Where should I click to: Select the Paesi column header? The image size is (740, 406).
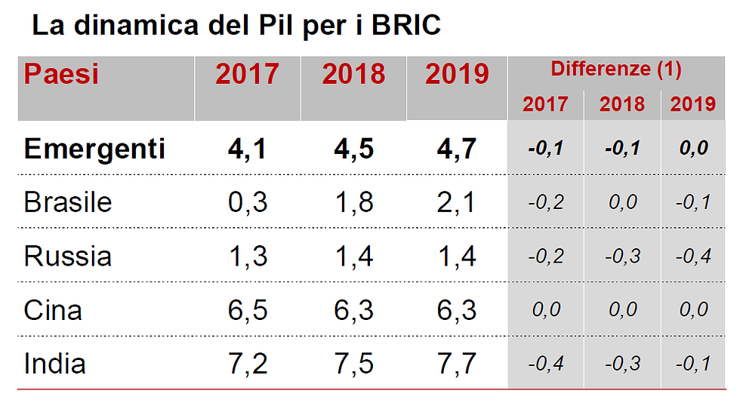(62, 75)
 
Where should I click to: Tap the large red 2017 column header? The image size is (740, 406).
(247, 75)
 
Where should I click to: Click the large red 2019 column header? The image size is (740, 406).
(457, 75)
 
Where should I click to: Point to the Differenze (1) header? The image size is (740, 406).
(616, 69)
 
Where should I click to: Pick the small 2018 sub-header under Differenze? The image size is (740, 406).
(621, 104)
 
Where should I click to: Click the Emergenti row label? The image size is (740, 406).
(94, 149)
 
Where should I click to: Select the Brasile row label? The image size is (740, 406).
(68, 202)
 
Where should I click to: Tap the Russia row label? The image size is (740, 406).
(68, 257)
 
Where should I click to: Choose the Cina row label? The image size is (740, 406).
(53, 310)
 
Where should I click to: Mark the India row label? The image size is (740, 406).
(55, 364)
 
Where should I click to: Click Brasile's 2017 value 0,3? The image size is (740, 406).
(248, 202)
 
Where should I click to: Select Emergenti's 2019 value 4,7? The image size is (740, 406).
(458, 149)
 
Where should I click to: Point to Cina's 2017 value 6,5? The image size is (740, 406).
(248, 310)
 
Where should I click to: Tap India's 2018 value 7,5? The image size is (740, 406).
(353, 364)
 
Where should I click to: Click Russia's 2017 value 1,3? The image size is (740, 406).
(248, 257)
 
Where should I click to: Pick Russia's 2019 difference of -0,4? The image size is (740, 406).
(692, 257)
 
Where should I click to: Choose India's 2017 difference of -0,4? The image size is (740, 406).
(545, 364)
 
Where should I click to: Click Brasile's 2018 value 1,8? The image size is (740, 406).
(353, 202)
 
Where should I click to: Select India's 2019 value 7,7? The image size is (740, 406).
(458, 364)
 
